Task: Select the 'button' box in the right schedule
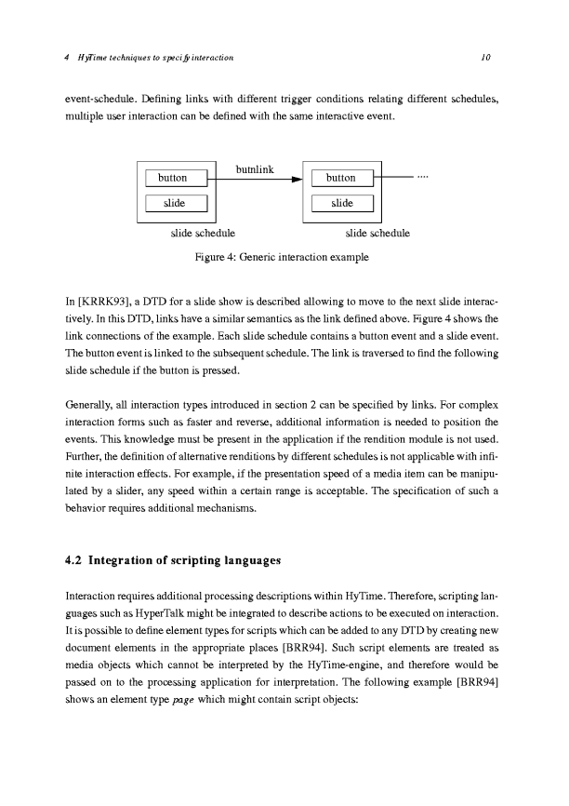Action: (341, 178)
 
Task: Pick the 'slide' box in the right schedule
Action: (341, 203)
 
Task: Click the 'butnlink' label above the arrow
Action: (255, 169)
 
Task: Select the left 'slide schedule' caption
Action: (201, 233)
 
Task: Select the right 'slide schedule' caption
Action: (377, 233)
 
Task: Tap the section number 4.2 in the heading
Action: (74, 560)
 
